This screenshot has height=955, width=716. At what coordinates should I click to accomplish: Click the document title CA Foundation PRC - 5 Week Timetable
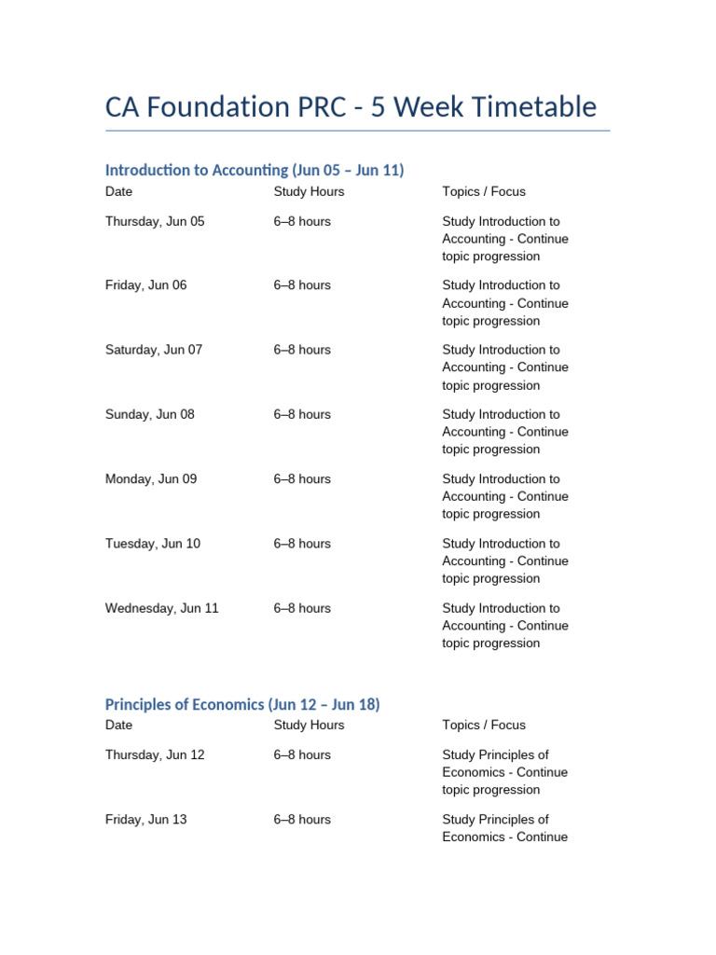351,107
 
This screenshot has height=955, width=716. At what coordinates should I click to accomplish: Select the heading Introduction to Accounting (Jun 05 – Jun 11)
255,170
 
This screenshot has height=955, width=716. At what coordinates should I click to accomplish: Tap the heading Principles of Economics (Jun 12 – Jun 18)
242,704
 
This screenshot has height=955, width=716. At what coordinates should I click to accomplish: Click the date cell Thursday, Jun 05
155,222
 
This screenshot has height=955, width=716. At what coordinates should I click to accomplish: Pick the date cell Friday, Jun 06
145,285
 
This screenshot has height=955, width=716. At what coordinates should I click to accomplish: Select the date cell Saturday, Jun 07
154,350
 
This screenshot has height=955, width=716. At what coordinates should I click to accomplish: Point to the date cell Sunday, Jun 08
150,414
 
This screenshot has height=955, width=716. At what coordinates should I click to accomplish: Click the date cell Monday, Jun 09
151,479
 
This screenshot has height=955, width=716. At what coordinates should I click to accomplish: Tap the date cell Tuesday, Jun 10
153,544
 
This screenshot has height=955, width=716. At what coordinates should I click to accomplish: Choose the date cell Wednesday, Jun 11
162,608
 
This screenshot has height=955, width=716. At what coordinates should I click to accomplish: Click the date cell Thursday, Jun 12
155,754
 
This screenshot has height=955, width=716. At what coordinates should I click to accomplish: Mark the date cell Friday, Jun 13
145,820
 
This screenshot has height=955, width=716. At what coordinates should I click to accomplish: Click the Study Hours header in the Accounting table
309,192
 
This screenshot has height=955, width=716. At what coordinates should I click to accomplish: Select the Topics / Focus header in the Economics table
484,725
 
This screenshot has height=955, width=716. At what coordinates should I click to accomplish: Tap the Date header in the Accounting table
119,192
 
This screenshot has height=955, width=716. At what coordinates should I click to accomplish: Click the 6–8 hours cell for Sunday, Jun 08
302,414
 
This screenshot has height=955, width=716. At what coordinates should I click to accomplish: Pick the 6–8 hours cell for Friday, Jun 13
302,820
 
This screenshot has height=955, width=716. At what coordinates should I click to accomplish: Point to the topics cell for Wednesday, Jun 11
504,626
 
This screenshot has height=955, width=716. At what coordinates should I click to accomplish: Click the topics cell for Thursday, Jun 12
504,772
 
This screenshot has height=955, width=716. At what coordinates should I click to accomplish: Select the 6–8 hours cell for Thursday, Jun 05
302,222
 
